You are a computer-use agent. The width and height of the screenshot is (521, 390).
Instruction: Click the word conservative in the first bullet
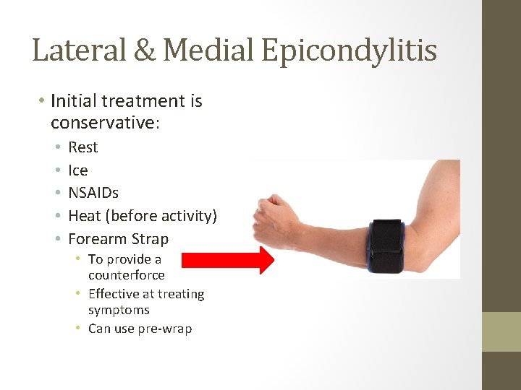tap(103, 123)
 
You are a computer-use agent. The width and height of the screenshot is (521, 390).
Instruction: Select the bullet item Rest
tap(82, 147)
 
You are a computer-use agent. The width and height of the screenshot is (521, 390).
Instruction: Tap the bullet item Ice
tap(77, 170)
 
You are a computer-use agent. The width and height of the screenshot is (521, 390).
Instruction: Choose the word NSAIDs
tap(93, 193)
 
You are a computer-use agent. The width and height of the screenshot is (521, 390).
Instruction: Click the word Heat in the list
tap(84, 216)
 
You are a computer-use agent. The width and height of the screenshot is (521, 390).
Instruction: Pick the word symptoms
tap(119, 310)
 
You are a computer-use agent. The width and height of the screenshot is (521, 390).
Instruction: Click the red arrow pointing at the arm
tap(228, 260)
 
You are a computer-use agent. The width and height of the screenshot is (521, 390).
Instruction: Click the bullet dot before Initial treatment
tap(42, 101)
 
